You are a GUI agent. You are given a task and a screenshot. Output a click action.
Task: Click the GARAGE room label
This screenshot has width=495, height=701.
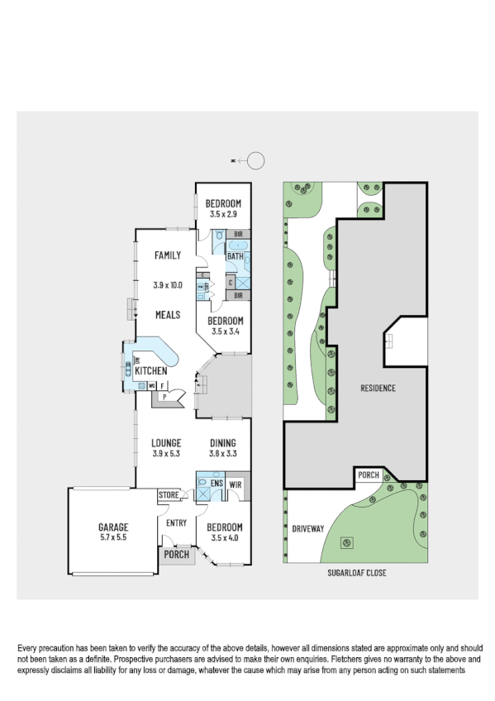[112, 526]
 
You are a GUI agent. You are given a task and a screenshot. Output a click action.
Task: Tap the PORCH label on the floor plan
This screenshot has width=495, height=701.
[176, 556]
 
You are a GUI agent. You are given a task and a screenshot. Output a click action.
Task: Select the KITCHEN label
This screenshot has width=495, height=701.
[151, 371]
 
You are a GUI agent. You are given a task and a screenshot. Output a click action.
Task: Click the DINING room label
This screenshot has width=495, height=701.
[222, 442]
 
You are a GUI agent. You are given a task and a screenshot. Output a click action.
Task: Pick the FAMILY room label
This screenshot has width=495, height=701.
[167, 255]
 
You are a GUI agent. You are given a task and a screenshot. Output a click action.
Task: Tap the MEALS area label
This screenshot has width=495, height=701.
[167, 315]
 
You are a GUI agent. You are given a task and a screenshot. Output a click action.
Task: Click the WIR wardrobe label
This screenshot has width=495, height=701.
[236, 484]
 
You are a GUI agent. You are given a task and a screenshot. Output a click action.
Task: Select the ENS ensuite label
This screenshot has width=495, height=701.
[217, 484]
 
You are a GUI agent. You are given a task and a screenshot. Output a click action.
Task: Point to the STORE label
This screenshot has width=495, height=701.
[169, 494]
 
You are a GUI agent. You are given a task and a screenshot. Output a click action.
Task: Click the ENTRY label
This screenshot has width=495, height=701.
[176, 522]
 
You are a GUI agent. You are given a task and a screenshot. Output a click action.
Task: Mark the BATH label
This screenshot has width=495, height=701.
[236, 257]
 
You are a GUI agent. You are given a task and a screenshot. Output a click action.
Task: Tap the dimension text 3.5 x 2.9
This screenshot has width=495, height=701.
[223, 216]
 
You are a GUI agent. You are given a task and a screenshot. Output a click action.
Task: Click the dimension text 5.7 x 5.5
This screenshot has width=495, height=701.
[112, 537]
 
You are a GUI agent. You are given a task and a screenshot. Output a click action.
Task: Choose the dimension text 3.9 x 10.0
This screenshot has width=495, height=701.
[167, 285]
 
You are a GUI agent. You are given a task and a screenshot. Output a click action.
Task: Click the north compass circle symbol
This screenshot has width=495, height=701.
[257, 160]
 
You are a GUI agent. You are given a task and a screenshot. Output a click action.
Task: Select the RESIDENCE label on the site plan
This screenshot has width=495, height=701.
[378, 388]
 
